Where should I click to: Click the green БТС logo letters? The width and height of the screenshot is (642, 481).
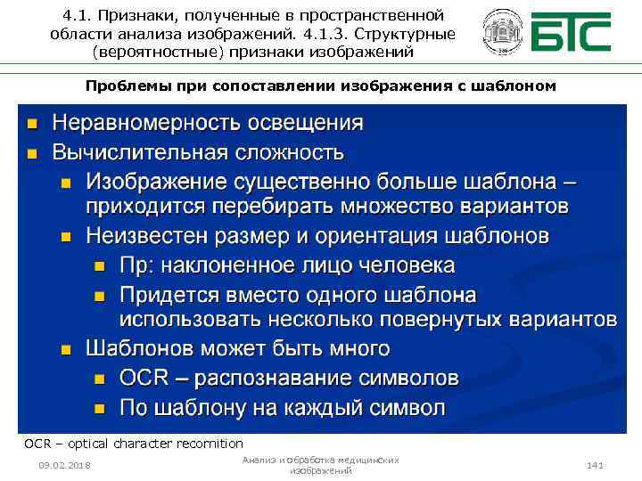(x=572, y=34)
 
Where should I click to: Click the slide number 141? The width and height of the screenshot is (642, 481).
(x=595, y=465)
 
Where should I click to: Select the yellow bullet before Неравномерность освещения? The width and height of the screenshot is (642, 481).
(x=31, y=123)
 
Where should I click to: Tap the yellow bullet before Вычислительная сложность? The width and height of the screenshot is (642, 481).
(x=31, y=152)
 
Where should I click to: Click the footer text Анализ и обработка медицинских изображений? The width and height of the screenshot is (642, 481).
(x=320, y=465)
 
